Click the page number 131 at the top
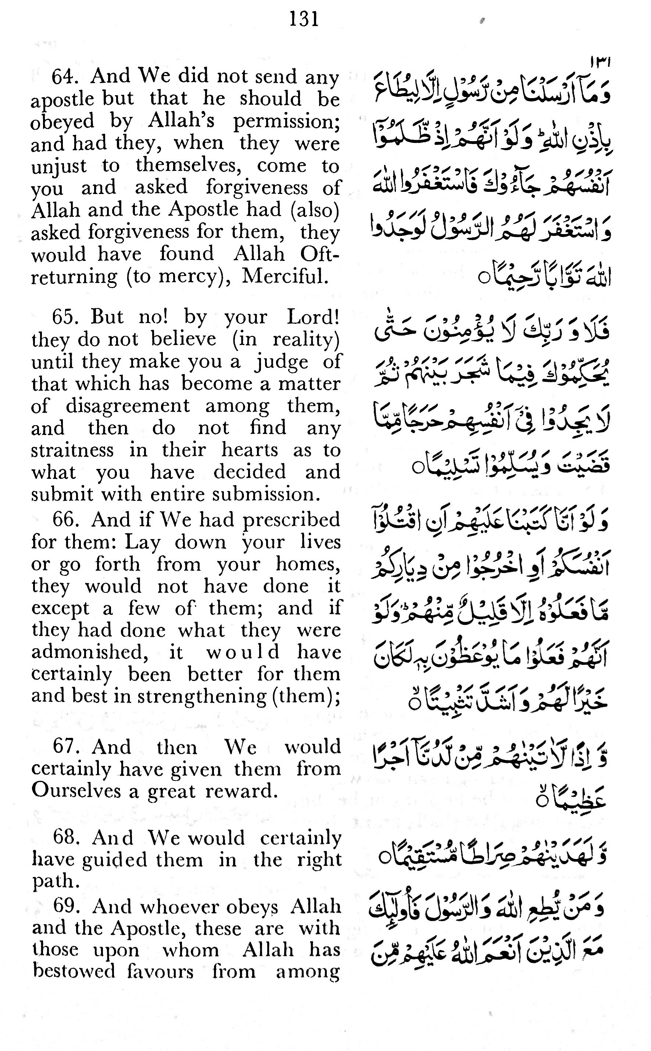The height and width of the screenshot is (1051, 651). [x=304, y=20]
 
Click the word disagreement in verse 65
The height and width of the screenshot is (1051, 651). [x=128, y=406]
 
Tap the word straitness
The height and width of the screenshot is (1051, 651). [x=72, y=450]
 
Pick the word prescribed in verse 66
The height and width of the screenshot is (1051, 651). [x=291, y=520]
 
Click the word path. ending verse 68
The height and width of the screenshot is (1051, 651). [x=56, y=882]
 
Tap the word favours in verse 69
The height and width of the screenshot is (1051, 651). [x=160, y=972]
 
